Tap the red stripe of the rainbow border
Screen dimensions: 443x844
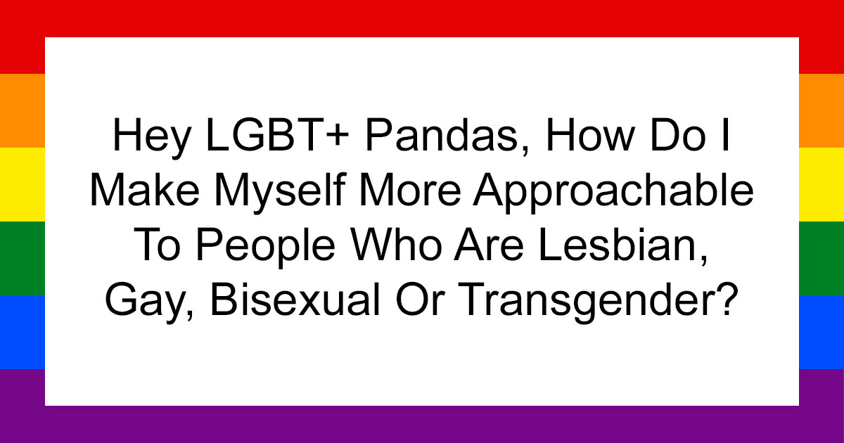[422, 18]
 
